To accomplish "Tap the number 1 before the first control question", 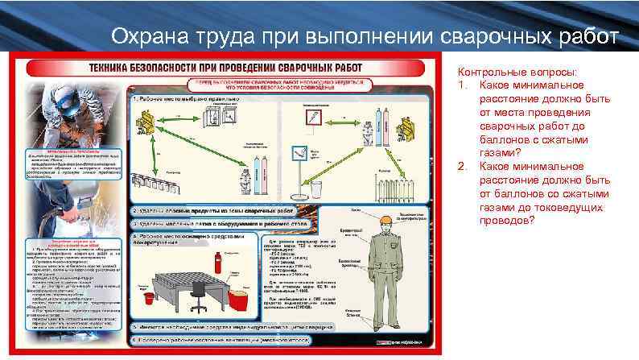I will (461, 84).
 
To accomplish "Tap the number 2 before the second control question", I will (461, 166).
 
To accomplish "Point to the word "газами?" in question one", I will (500, 152).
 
